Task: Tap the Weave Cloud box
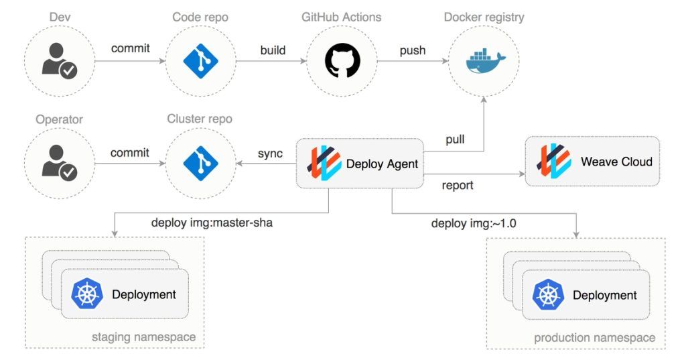coord(592,162)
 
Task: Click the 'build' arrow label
coord(273,50)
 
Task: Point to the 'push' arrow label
coord(412,50)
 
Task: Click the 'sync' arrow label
coord(270,154)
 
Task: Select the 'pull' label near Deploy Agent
coord(456,140)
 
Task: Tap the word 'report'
coord(458,185)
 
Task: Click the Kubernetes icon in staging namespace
coord(87,294)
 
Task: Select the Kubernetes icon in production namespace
coord(548,295)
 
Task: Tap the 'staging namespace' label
coord(143,337)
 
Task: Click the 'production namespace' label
coord(594,338)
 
